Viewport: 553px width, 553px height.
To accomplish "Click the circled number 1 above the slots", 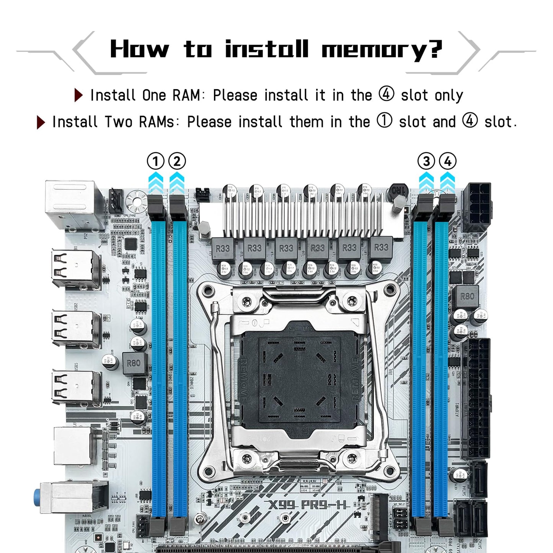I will [155, 161].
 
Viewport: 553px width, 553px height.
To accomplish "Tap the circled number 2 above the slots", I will [177, 161].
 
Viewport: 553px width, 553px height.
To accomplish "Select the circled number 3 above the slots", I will [426, 161].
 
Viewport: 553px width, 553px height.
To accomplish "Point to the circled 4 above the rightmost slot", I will [447, 161].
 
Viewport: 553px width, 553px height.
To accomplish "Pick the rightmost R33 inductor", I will [381, 248].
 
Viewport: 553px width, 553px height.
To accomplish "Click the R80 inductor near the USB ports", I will [134, 363].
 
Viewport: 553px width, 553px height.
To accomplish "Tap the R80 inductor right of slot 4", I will [467, 297].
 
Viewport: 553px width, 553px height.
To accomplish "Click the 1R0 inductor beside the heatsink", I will [398, 190].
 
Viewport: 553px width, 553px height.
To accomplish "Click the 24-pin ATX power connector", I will [476, 398].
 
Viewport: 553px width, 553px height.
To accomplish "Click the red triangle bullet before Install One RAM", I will [78, 95].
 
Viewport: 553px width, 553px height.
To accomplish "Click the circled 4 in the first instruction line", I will [386, 94].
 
